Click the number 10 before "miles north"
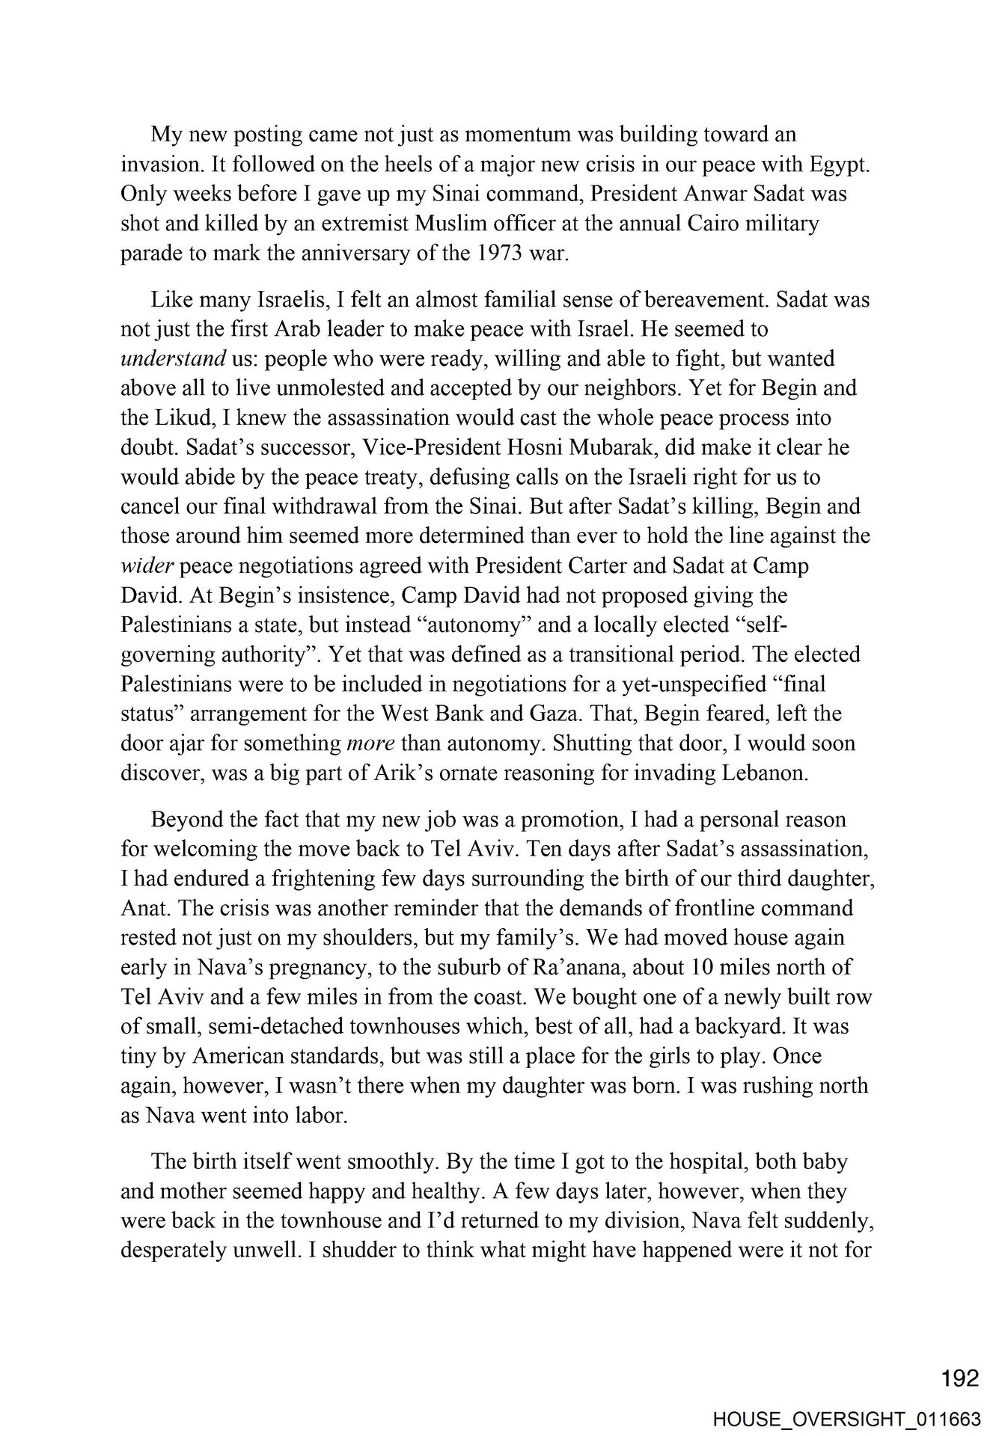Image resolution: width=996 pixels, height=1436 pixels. point(705,967)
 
